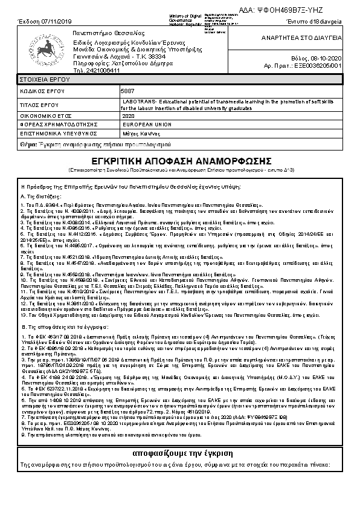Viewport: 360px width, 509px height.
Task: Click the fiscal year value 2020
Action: (129, 115)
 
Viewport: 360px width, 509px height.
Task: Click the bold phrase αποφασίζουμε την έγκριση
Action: (179, 453)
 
